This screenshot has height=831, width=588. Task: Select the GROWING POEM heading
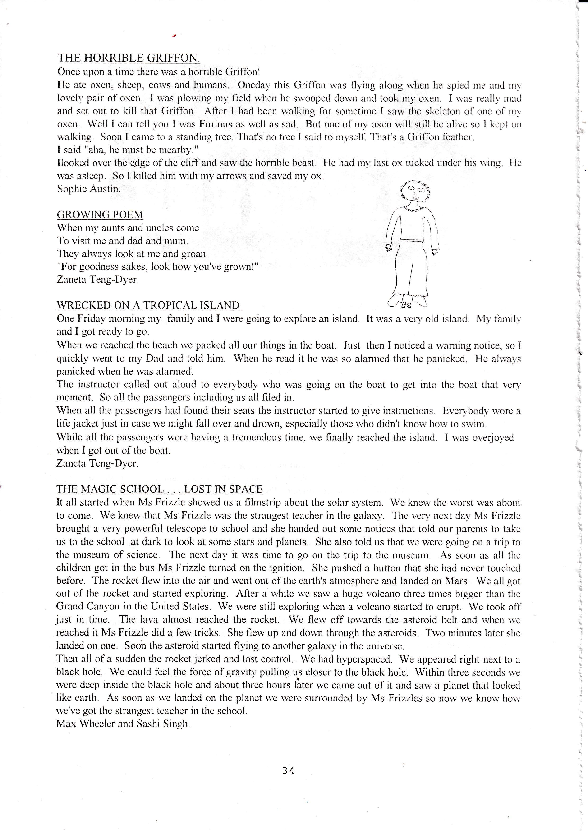click(100, 215)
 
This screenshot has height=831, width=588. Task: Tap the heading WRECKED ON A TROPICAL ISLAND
click(148, 305)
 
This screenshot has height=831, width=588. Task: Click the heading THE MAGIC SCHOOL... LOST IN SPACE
click(159, 489)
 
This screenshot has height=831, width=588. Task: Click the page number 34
click(288, 771)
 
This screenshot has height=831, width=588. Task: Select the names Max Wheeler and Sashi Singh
click(123, 724)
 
